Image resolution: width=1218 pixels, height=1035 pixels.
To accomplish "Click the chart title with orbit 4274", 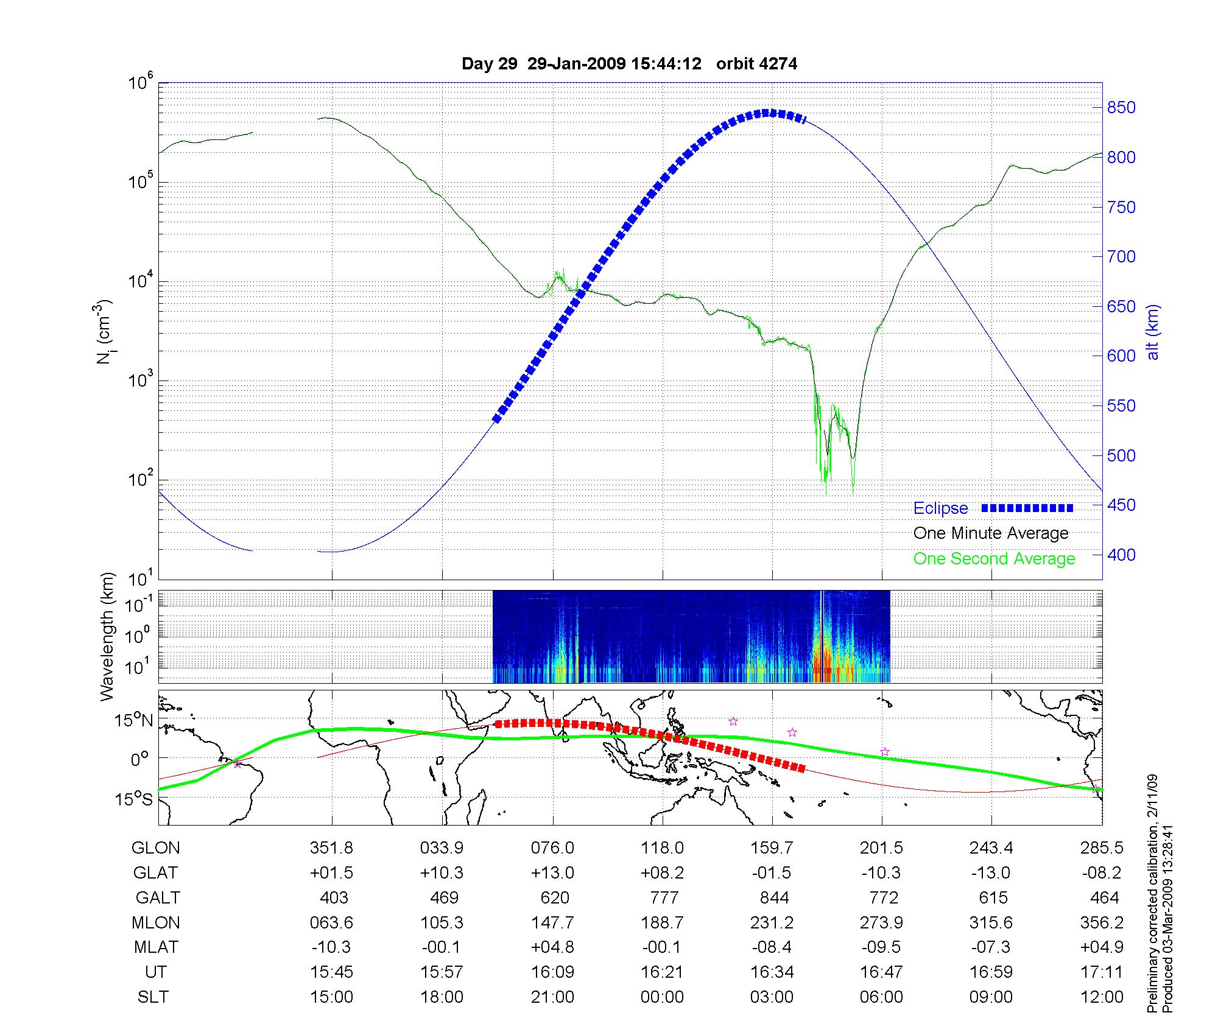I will click(x=629, y=64).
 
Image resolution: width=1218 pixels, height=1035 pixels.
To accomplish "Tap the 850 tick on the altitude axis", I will click(x=1121, y=108).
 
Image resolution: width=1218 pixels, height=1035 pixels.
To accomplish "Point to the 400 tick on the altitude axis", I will click(x=1121, y=555).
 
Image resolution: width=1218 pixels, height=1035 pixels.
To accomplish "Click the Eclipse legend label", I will click(x=940, y=508).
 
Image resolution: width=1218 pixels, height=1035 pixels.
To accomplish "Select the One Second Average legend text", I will click(x=994, y=559).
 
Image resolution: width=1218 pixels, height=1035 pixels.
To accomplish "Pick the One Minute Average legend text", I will click(x=991, y=533).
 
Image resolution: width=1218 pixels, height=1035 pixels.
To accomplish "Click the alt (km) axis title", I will click(x=1153, y=332).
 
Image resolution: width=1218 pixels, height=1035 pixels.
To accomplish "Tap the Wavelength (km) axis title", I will click(x=108, y=637).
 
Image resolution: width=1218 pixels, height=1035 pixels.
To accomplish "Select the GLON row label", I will click(x=156, y=847).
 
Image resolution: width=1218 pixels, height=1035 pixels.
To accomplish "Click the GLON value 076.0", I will click(x=552, y=847).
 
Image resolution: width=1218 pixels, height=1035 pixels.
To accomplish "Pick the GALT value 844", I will click(x=774, y=897).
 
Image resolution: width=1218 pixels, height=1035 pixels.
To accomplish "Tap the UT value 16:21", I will click(x=662, y=972).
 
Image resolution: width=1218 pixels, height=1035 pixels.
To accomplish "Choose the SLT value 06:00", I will click(x=881, y=997).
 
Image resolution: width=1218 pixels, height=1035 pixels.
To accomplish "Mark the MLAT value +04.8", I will click(x=552, y=947).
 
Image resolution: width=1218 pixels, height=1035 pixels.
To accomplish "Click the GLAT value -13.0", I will click(x=991, y=872).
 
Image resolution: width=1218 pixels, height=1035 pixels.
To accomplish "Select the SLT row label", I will click(x=153, y=997).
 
